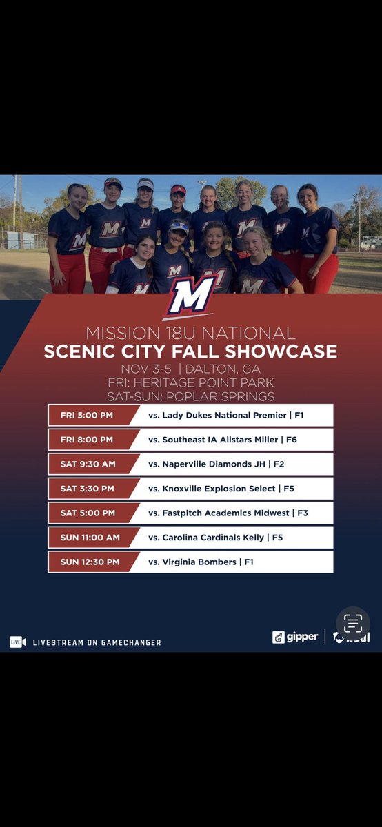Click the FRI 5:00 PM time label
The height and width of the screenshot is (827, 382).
88,416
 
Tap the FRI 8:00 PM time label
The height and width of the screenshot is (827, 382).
88,440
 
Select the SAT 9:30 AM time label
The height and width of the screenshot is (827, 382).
88,464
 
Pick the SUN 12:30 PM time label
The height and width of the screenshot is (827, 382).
90,562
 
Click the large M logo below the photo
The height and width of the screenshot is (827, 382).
191,297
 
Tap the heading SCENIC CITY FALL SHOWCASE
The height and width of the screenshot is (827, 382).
190,351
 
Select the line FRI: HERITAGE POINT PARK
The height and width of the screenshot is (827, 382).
190,382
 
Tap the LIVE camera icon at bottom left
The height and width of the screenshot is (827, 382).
17,642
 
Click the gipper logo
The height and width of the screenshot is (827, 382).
295,637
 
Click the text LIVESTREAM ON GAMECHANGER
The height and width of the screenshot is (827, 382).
97,642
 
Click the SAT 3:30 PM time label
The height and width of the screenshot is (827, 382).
88,489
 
